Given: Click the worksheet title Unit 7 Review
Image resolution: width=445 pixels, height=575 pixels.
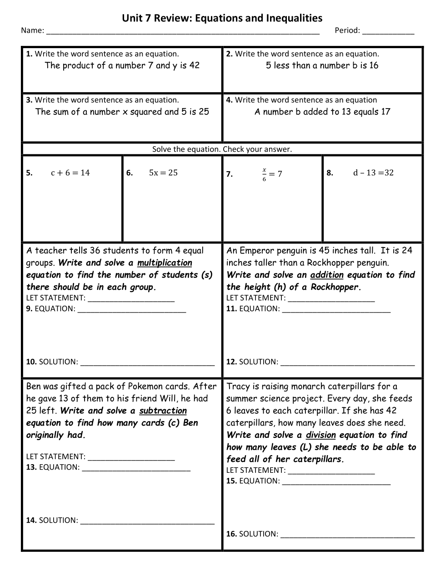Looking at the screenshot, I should (x=222, y=18).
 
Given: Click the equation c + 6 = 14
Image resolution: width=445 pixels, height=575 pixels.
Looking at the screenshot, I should (x=70, y=173).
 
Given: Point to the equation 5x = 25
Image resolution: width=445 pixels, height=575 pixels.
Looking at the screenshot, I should (x=163, y=173).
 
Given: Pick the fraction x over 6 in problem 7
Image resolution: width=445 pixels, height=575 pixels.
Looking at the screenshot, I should (x=264, y=174).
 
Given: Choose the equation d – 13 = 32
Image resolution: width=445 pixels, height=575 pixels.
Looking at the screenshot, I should (x=373, y=173).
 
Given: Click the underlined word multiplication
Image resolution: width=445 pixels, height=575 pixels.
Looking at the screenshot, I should (x=165, y=263).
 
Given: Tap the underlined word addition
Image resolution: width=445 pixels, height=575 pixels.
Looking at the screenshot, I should (x=327, y=275).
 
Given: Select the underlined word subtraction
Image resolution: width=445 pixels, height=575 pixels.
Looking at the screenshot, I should (x=163, y=411).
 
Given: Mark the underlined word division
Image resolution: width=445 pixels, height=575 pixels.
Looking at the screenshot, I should (x=320, y=435).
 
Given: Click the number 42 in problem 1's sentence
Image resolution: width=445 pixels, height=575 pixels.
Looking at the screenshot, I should (x=194, y=65).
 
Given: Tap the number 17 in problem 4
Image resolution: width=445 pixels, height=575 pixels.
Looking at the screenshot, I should (x=385, y=112).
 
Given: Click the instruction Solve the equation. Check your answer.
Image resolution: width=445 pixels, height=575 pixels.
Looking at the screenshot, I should (x=222, y=149).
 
